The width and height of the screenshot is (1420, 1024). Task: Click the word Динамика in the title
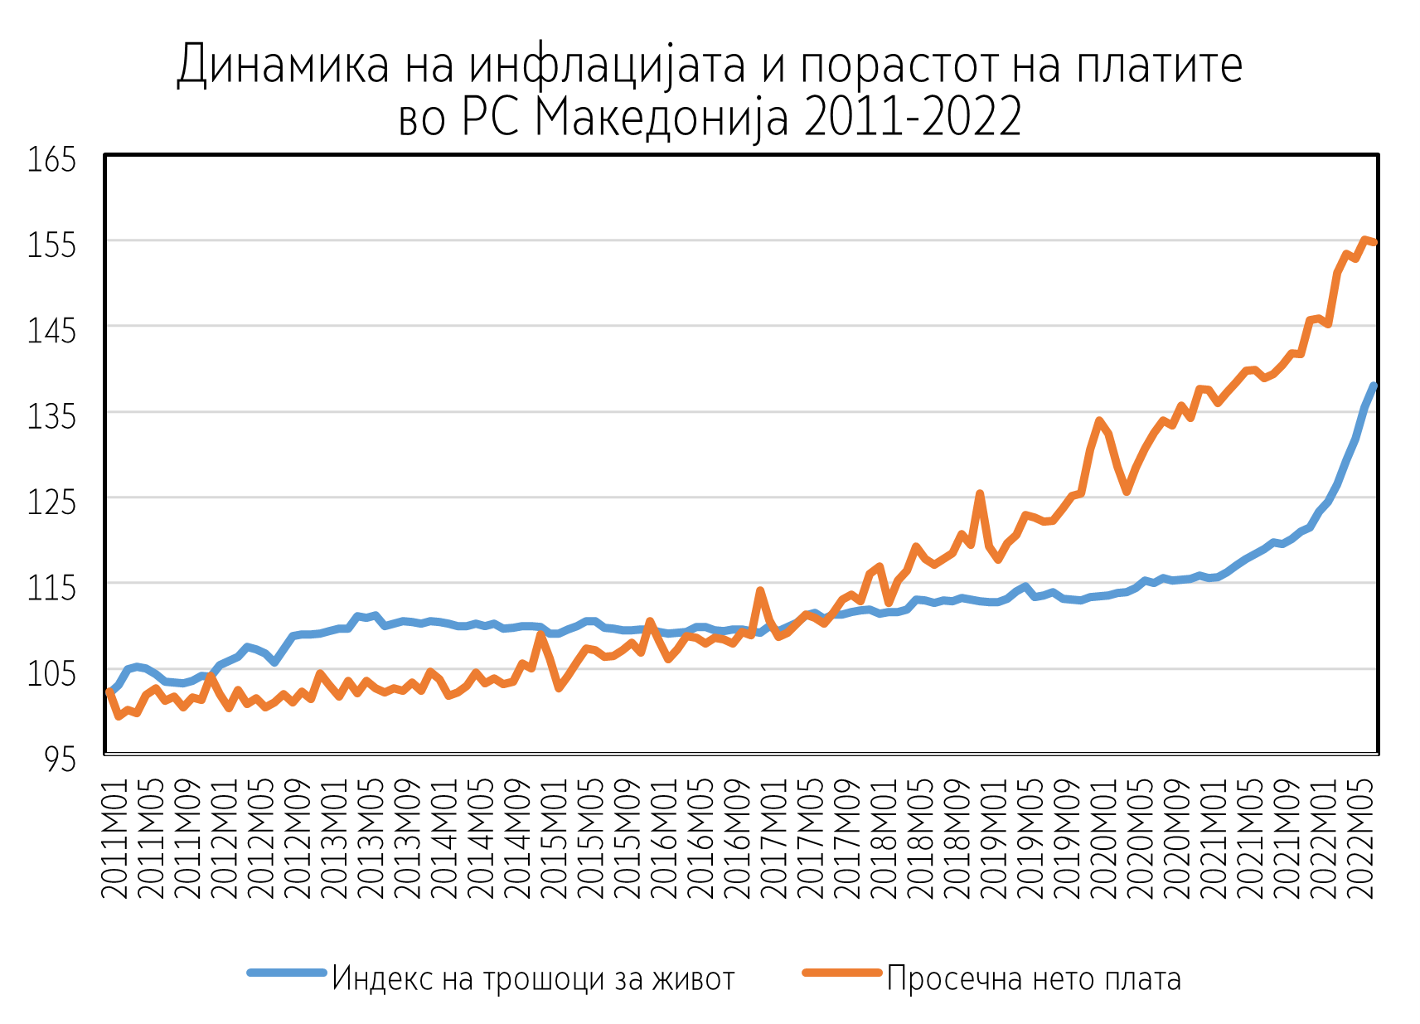pyautogui.click(x=283, y=65)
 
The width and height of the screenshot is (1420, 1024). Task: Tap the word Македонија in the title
pyautogui.click(x=661, y=118)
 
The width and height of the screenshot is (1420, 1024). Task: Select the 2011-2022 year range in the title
pyautogui.click(x=913, y=118)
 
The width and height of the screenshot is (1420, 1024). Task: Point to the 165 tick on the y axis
pyautogui.click(x=52, y=159)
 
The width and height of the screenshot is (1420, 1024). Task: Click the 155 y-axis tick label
pyautogui.click(x=52, y=245)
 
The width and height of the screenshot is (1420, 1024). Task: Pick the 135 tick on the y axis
pyautogui.click(x=52, y=416)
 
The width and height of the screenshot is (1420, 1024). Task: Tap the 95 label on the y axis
pyautogui.click(x=60, y=759)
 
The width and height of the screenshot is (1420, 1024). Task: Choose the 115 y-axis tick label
pyautogui.click(x=52, y=588)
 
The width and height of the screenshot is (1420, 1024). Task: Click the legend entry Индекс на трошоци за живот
pyautogui.click(x=533, y=978)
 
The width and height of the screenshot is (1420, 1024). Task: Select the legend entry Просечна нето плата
pyautogui.click(x=1034, y=978)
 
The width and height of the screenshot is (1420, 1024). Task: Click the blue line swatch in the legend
pyautogui.click(x=287, y=973)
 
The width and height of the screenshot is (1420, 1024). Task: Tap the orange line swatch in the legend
pyautogui.click(x=841, y=973)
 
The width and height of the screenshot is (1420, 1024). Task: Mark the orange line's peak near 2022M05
pyautogui.click(x=1364, y=240)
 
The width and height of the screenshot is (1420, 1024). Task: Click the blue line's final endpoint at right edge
pyautogui.click(x=1374, y=386)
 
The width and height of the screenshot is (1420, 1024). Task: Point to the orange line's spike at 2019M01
pyautogui.click(x=980, y=494)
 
